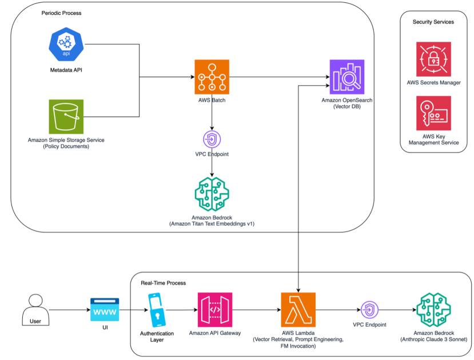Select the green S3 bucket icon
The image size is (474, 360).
[x=66, y=117]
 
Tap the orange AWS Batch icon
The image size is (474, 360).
[x=212, y=77]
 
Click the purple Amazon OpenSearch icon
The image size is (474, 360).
[x=346, y=77]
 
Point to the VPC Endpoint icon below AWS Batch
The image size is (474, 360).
[x=212, y=139]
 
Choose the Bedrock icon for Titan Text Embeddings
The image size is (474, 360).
[x=212, y=194]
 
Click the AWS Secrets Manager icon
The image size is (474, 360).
[x=433, y=60]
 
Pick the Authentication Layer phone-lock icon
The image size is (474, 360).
[x=157, y=310]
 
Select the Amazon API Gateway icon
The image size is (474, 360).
[x=215, y=310]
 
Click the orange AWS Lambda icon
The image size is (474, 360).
[x=298, y=310]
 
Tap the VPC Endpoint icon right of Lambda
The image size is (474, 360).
[x=369, y=310]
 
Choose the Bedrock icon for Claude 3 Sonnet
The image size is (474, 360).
[x=434, y=310]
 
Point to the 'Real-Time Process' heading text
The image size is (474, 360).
[x=164, y=283]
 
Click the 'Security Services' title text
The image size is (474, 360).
[x=433, y=22]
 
